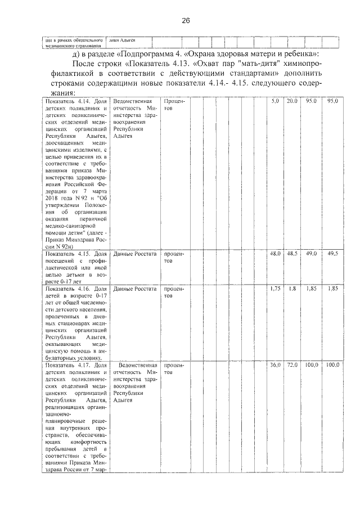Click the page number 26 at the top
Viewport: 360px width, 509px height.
[186, 21]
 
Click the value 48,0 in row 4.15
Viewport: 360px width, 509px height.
[275, 254]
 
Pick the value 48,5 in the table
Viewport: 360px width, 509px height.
[291, 254]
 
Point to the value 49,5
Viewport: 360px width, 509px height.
[332, 254]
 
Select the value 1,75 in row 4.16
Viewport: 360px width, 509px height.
[275, 289]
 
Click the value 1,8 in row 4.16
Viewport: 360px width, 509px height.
[291, 289]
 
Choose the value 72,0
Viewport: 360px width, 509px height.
[291, 365]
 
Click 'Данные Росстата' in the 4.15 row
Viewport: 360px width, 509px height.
[134, 254]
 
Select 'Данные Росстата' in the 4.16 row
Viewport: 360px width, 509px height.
[134, 289]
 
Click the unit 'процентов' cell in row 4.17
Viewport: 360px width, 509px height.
[174, 368]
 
